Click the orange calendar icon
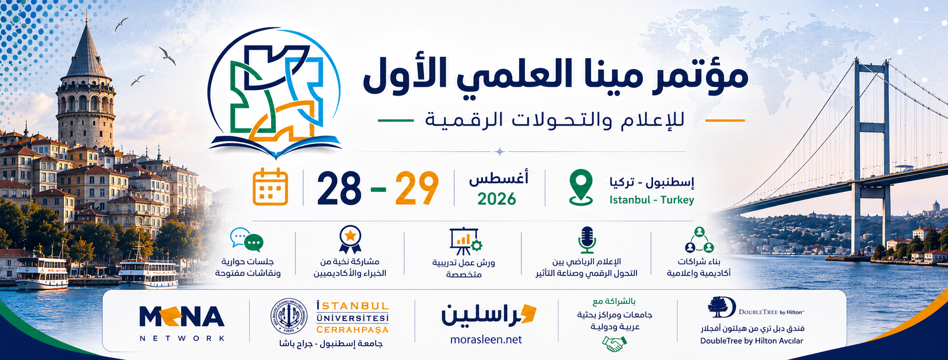click(x=270, y=187)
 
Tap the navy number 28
click(x=339, y=188)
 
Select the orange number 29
click(x=417, y=188)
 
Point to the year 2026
click(x=497, y=199)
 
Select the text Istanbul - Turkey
click(x=652, y=200)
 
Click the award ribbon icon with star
click(x=350, y=239)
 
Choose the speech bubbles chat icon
click(x=247, y=240)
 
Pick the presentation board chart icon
click(x=465, y=241)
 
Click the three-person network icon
click(x=699, y=239)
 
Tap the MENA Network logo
click(x=182, y=323)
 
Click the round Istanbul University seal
click(x=289, y=316)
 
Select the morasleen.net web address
click(x=486, y=340)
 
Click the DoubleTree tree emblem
click(x=718, y=306)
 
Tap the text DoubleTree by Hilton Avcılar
click(x=751, y=341)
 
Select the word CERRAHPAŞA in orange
click(x=352, y=330)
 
